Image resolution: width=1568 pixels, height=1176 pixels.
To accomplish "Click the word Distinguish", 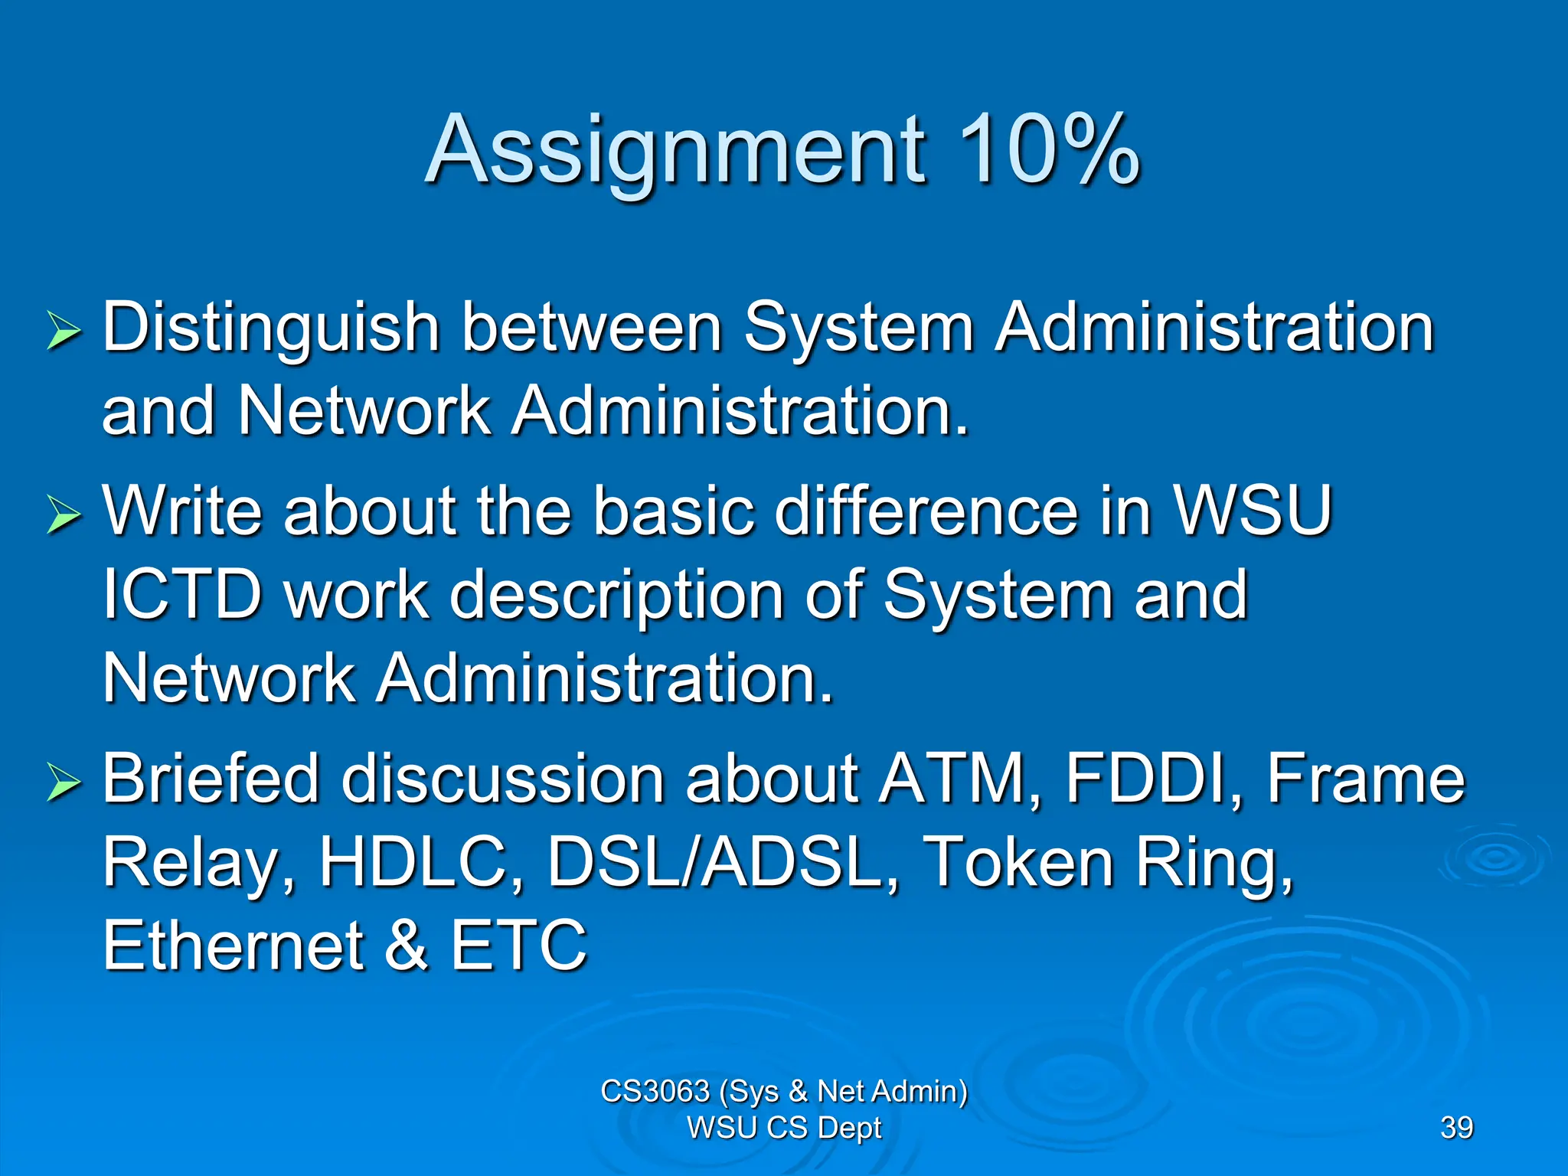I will [x=271, y=329].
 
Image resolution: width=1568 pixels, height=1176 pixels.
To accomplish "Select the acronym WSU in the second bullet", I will [x=1253, y=511].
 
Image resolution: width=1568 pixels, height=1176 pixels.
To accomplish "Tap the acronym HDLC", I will [x=420, y=862].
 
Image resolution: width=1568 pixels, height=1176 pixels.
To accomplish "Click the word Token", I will [x=1018, y=862].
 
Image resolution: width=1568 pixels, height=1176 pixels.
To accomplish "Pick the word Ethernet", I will [x=234, y=946].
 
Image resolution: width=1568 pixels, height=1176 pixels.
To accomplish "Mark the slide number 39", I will [x=1456, y=1128].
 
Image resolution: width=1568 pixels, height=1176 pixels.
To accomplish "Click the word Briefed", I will [x=211, y=779].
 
